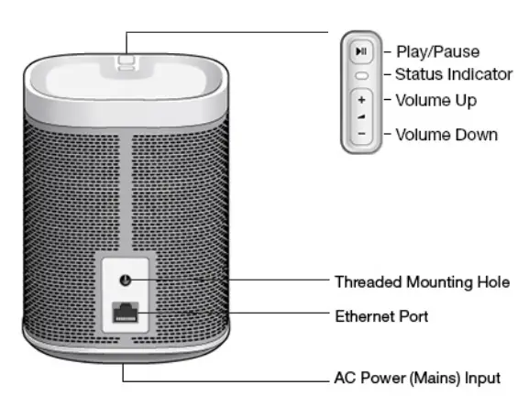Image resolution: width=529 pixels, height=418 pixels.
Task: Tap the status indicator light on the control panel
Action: pyautogui.click(x=361, y=75)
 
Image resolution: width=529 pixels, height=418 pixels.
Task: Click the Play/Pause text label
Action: pyautogui.click(x=437, y=51)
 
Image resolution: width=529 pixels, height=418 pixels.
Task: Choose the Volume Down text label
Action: pyautogui.click(x=446, y=135)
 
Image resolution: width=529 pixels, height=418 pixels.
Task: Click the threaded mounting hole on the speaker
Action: pyautogui.click(x=125, y=279)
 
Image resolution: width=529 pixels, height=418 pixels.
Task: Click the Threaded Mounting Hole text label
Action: pyautogui.click(x=422, y=281)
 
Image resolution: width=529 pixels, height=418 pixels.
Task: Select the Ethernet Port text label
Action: pyautogui.click(x=381, y=316)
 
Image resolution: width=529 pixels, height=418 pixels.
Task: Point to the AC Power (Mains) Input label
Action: pyautogui.click(x=417, y=378)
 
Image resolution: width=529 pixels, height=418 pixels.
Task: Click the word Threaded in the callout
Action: pyautogui.click(x=364, y=281)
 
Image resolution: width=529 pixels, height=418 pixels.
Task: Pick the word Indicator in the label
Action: pyautogui.click(x=471, y=74)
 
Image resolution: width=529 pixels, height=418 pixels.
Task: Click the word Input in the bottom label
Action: pyautogui.click(x=483, y=378)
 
